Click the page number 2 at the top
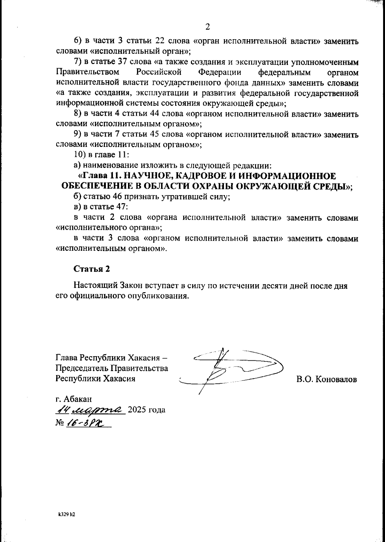click(207, 27)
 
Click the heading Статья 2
click(92, 269)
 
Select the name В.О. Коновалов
click(327, 380)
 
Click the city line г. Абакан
click(73, 399)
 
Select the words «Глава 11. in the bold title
click(100, 176)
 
